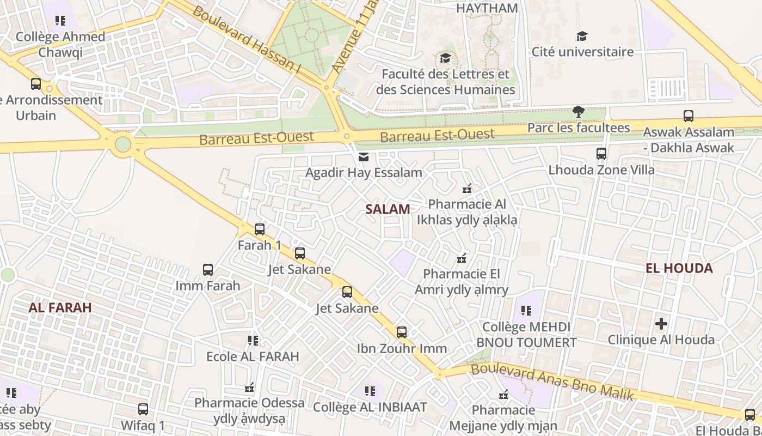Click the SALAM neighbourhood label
[x=388, y=209]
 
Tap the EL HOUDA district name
[x=679, y=268]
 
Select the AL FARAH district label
[x=60, y=307]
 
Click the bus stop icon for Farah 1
[x=260, y=229]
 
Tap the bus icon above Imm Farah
[x=208, y=270]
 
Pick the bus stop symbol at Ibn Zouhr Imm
[x=402, y=332]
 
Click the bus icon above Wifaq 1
[x=143, y=409]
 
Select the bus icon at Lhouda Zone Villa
[x=601, y=154]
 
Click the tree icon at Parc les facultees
[x=579, y=112]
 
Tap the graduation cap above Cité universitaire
[x=582, y=37]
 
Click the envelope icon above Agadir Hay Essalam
[x=363, y=157]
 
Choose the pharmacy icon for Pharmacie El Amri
[x=462, y=258]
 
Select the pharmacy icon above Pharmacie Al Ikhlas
[x=466, y=189]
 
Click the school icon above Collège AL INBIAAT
[x=370, y=391]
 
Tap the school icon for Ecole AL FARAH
[x=253, y=341]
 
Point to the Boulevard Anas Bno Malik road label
[x=552, y=381]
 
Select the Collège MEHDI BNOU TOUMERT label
[x=526, y=335]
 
